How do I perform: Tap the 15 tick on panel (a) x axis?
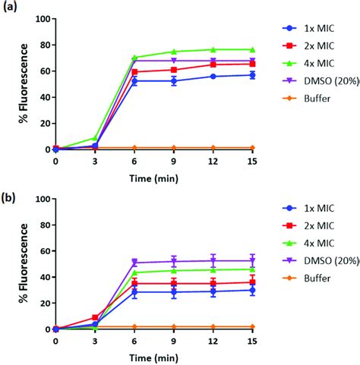pos(252,161)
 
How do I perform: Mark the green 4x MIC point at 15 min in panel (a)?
pos(253,49)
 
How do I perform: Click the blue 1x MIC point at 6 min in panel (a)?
pos(134,80)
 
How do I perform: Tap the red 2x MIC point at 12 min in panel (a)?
pos(213,65)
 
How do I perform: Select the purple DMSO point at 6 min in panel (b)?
pos(134,263)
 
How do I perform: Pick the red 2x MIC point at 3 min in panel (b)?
pos(95,317)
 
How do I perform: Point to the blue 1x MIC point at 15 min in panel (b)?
pos(253,290)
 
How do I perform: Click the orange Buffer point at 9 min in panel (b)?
pos(174,326)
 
